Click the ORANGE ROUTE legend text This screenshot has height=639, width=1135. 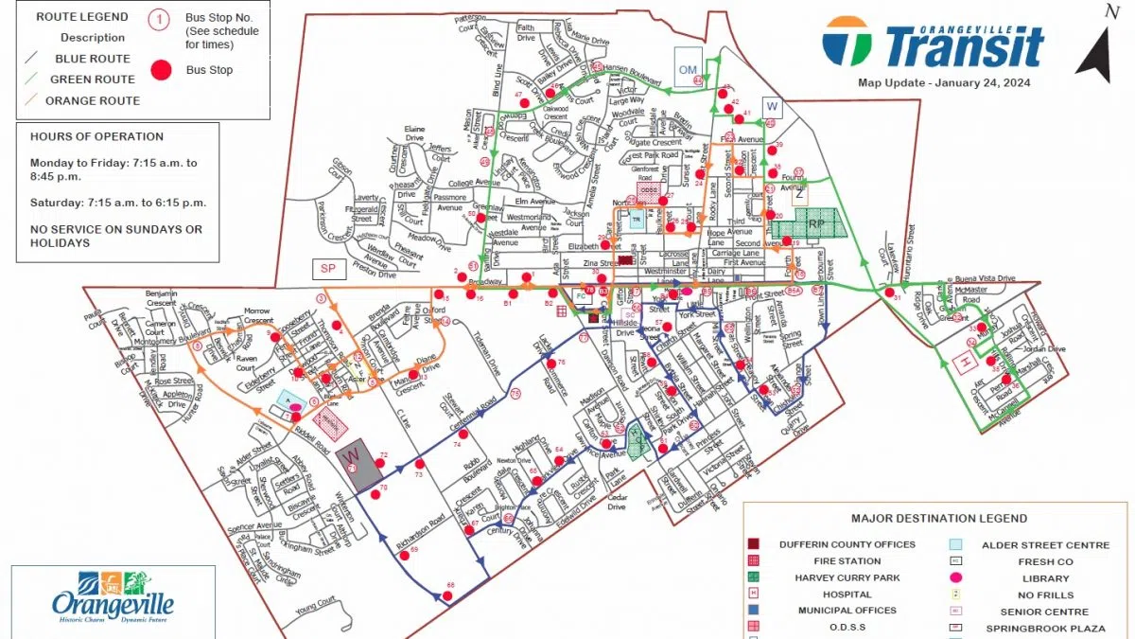(93, 100)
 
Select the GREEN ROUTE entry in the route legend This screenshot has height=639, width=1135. (93, 80)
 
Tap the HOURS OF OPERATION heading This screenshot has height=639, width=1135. (96, 136)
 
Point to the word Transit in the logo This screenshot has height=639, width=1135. (964, 47)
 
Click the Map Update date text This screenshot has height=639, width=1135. (944, 82)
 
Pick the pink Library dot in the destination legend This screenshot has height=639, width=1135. (956, 578)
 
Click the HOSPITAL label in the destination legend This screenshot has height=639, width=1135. (833, 595)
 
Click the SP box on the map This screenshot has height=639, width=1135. (328, 269)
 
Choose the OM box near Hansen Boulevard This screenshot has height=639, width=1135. (688, 68)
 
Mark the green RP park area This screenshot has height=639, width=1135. (803, 224)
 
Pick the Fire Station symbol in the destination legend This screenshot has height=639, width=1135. (754, 561)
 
